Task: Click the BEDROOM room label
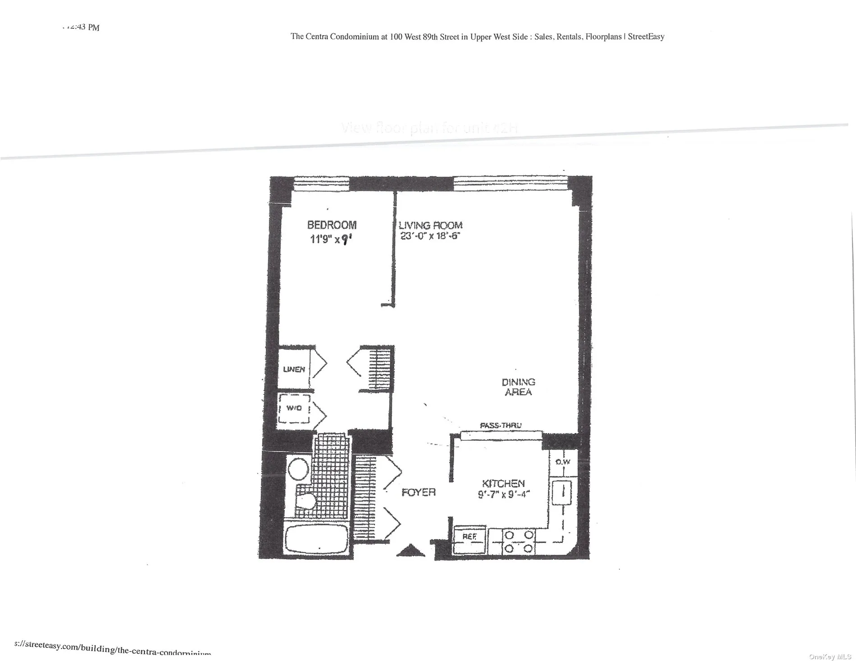point(332,225)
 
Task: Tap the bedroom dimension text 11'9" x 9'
point(331,239)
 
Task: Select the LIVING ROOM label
point(430,225)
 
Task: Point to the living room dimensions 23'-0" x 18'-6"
point(429,236)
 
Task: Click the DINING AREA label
point(518,387)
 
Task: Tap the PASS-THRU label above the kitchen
point(501,425)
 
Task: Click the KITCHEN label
point(503,483)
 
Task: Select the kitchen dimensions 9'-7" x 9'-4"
point(503,494)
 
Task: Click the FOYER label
point(419,492)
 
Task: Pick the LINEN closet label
point(294,369)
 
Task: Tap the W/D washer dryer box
point(294,409)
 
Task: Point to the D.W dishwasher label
point(563,462)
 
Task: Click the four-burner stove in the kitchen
point(519,542)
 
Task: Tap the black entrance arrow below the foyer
point(410,550)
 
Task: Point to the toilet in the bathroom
point(307,501)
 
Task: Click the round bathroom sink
point(298,470)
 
